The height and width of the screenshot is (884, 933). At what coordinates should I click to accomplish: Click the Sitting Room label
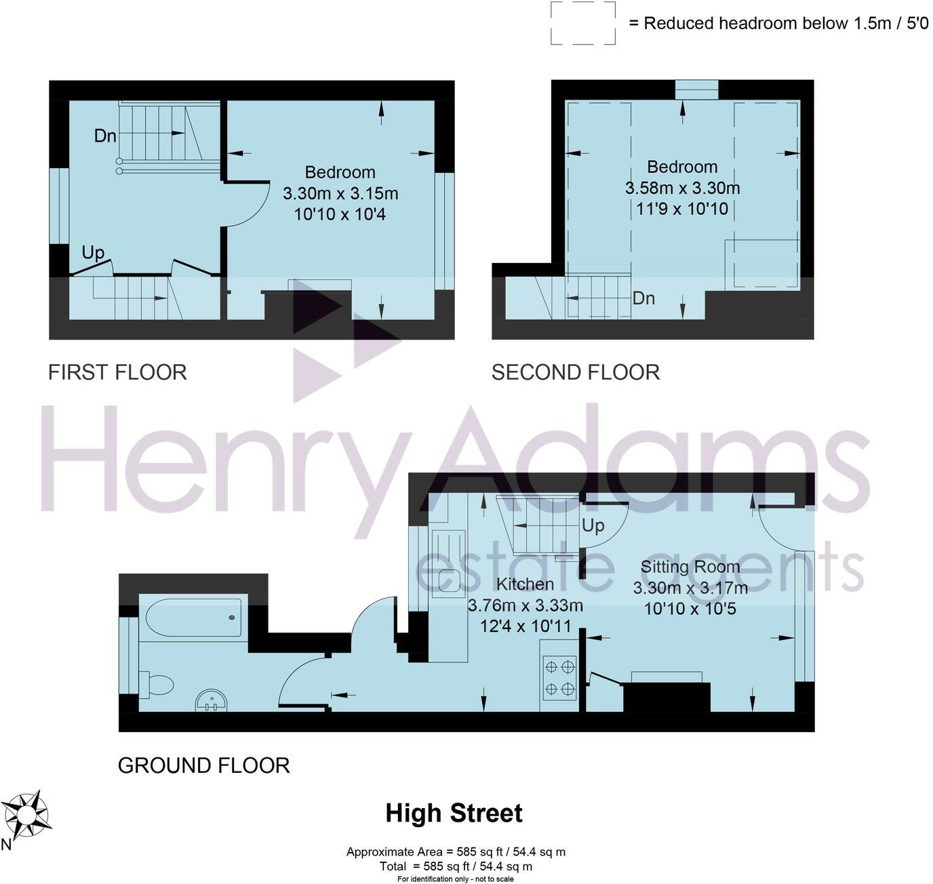click(x=690, y=567)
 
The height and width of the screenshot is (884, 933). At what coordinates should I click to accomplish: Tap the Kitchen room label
click(x=525, y=584)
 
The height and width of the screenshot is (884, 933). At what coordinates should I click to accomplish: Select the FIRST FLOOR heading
click(x=117, y=372)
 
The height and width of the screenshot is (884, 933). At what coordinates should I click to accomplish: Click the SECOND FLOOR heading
click(x=575, y=372)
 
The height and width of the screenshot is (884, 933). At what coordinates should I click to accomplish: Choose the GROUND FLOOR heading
click(x=203, y=765)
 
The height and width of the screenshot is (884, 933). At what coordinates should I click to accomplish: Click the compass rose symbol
click(x=28, y=813)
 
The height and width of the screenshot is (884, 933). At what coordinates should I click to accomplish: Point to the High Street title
click(x=454, y=813)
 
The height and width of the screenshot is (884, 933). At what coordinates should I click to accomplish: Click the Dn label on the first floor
click(x=105, y=136)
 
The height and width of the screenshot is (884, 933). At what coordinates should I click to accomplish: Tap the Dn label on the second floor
click(x=643, y=298)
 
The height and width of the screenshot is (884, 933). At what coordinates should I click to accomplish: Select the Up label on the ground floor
click(x=593, y=526)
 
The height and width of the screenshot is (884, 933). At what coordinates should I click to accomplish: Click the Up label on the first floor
click(x=93, y=253)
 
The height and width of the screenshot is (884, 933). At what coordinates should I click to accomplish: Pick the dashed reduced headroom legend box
click(x=582, y=23)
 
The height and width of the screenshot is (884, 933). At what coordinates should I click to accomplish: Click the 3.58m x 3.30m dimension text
click(x=682, y=188)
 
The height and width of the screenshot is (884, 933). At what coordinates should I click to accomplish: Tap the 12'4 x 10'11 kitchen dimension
click(x=525, y=626)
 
